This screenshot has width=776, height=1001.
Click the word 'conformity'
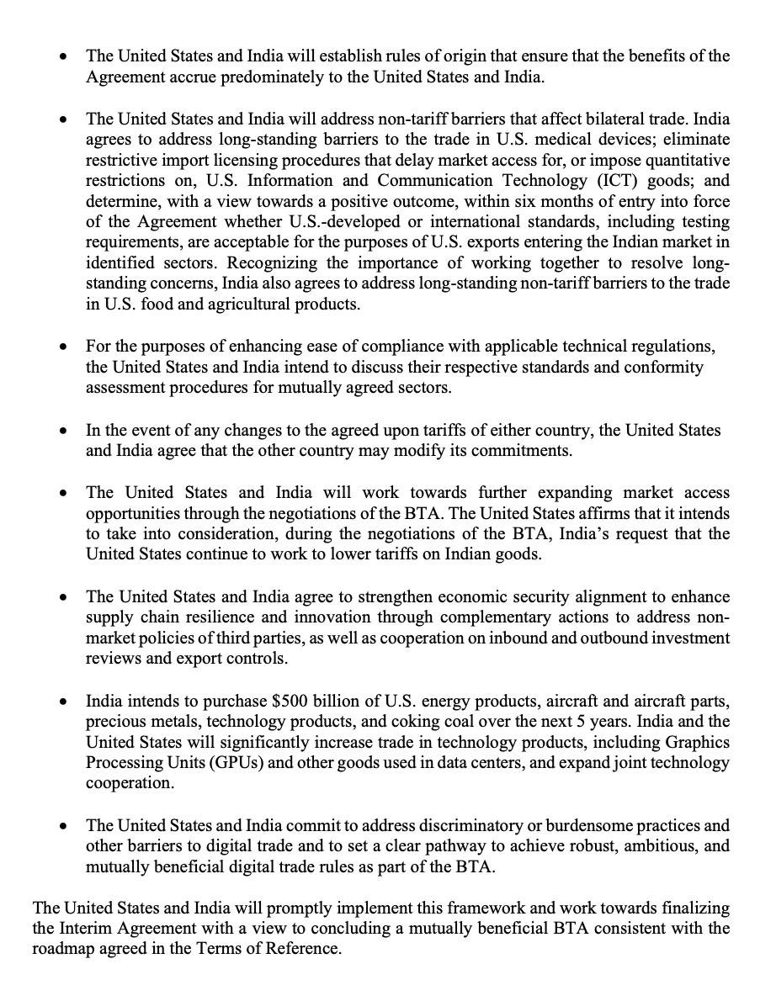pos(663,368)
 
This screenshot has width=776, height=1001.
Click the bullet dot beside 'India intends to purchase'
pos(64,702)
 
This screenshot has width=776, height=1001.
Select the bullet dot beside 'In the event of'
pos(64,431)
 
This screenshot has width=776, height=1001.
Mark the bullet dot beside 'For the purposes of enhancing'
pos(64,347)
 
